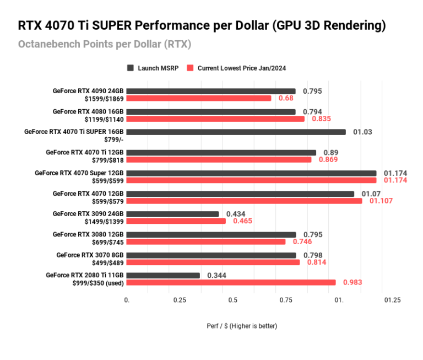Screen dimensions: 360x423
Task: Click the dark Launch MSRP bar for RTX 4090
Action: pyautogui.click(x=211, y=92)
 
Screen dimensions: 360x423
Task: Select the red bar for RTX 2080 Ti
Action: pyautogui.click(x=231, y=282)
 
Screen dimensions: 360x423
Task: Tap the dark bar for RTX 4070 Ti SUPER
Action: pyautogui.click(x=236, y=132)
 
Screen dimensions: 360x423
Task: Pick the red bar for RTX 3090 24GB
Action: pyautogui.click(x=176, y=221)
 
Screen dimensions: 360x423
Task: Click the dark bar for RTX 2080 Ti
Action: pyautogui.click(x=164, y=275)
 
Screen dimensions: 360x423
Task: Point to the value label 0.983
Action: pyautogui.click(x=352, y=282)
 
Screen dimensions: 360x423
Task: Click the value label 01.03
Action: pyautogui.click(x=363, y=132)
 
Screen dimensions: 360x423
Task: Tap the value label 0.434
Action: pyautogui.click(x=236, y=213)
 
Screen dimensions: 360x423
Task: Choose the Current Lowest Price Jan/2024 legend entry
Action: pyautogui.click(x=236, y=68)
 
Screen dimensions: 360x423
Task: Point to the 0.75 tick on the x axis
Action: pyautogui.click(x=285, y=300)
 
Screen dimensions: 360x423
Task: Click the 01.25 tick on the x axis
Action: pyautogui.click(x=392, y=300)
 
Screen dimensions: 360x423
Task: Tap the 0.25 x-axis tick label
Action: pyautogui.click(x=180, y=300)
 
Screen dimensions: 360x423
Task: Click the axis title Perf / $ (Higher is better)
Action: pyautogui.click(x=242, y=326)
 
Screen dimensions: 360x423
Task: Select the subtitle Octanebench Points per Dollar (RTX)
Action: pyautogui.click(x=105, y=44)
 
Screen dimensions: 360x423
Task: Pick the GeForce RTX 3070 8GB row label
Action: pyautogui.click(x=90, y=255)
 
